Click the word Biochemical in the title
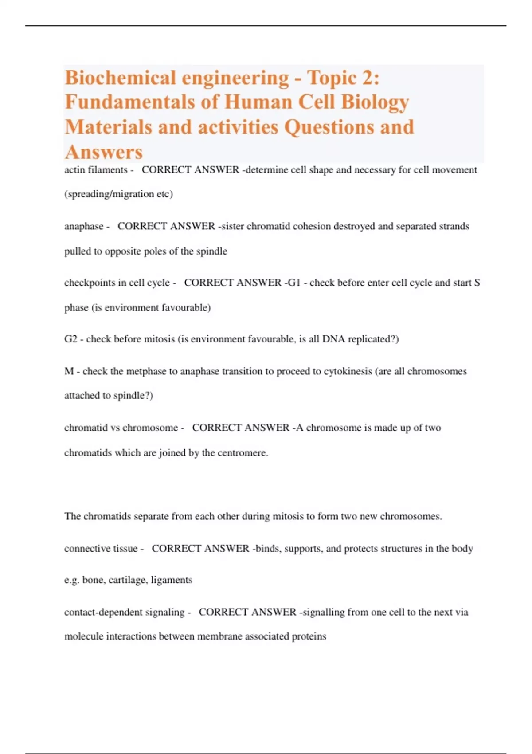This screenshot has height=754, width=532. coord(120,78)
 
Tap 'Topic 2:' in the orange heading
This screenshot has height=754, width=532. coord(343,78)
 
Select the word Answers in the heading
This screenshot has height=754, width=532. coord(104,152)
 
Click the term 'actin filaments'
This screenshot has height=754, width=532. coord(96,170)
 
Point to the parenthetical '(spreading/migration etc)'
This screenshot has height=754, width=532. coord(118,194)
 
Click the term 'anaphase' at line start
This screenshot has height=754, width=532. coord(84,226)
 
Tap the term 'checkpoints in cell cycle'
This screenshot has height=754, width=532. coord(117,283)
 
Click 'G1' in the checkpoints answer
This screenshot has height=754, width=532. coord(294,283)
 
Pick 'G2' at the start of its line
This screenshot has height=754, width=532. coord(70,339)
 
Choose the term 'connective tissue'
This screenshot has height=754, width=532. coord(101,549)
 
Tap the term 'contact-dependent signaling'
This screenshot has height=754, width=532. coord(124,612)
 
